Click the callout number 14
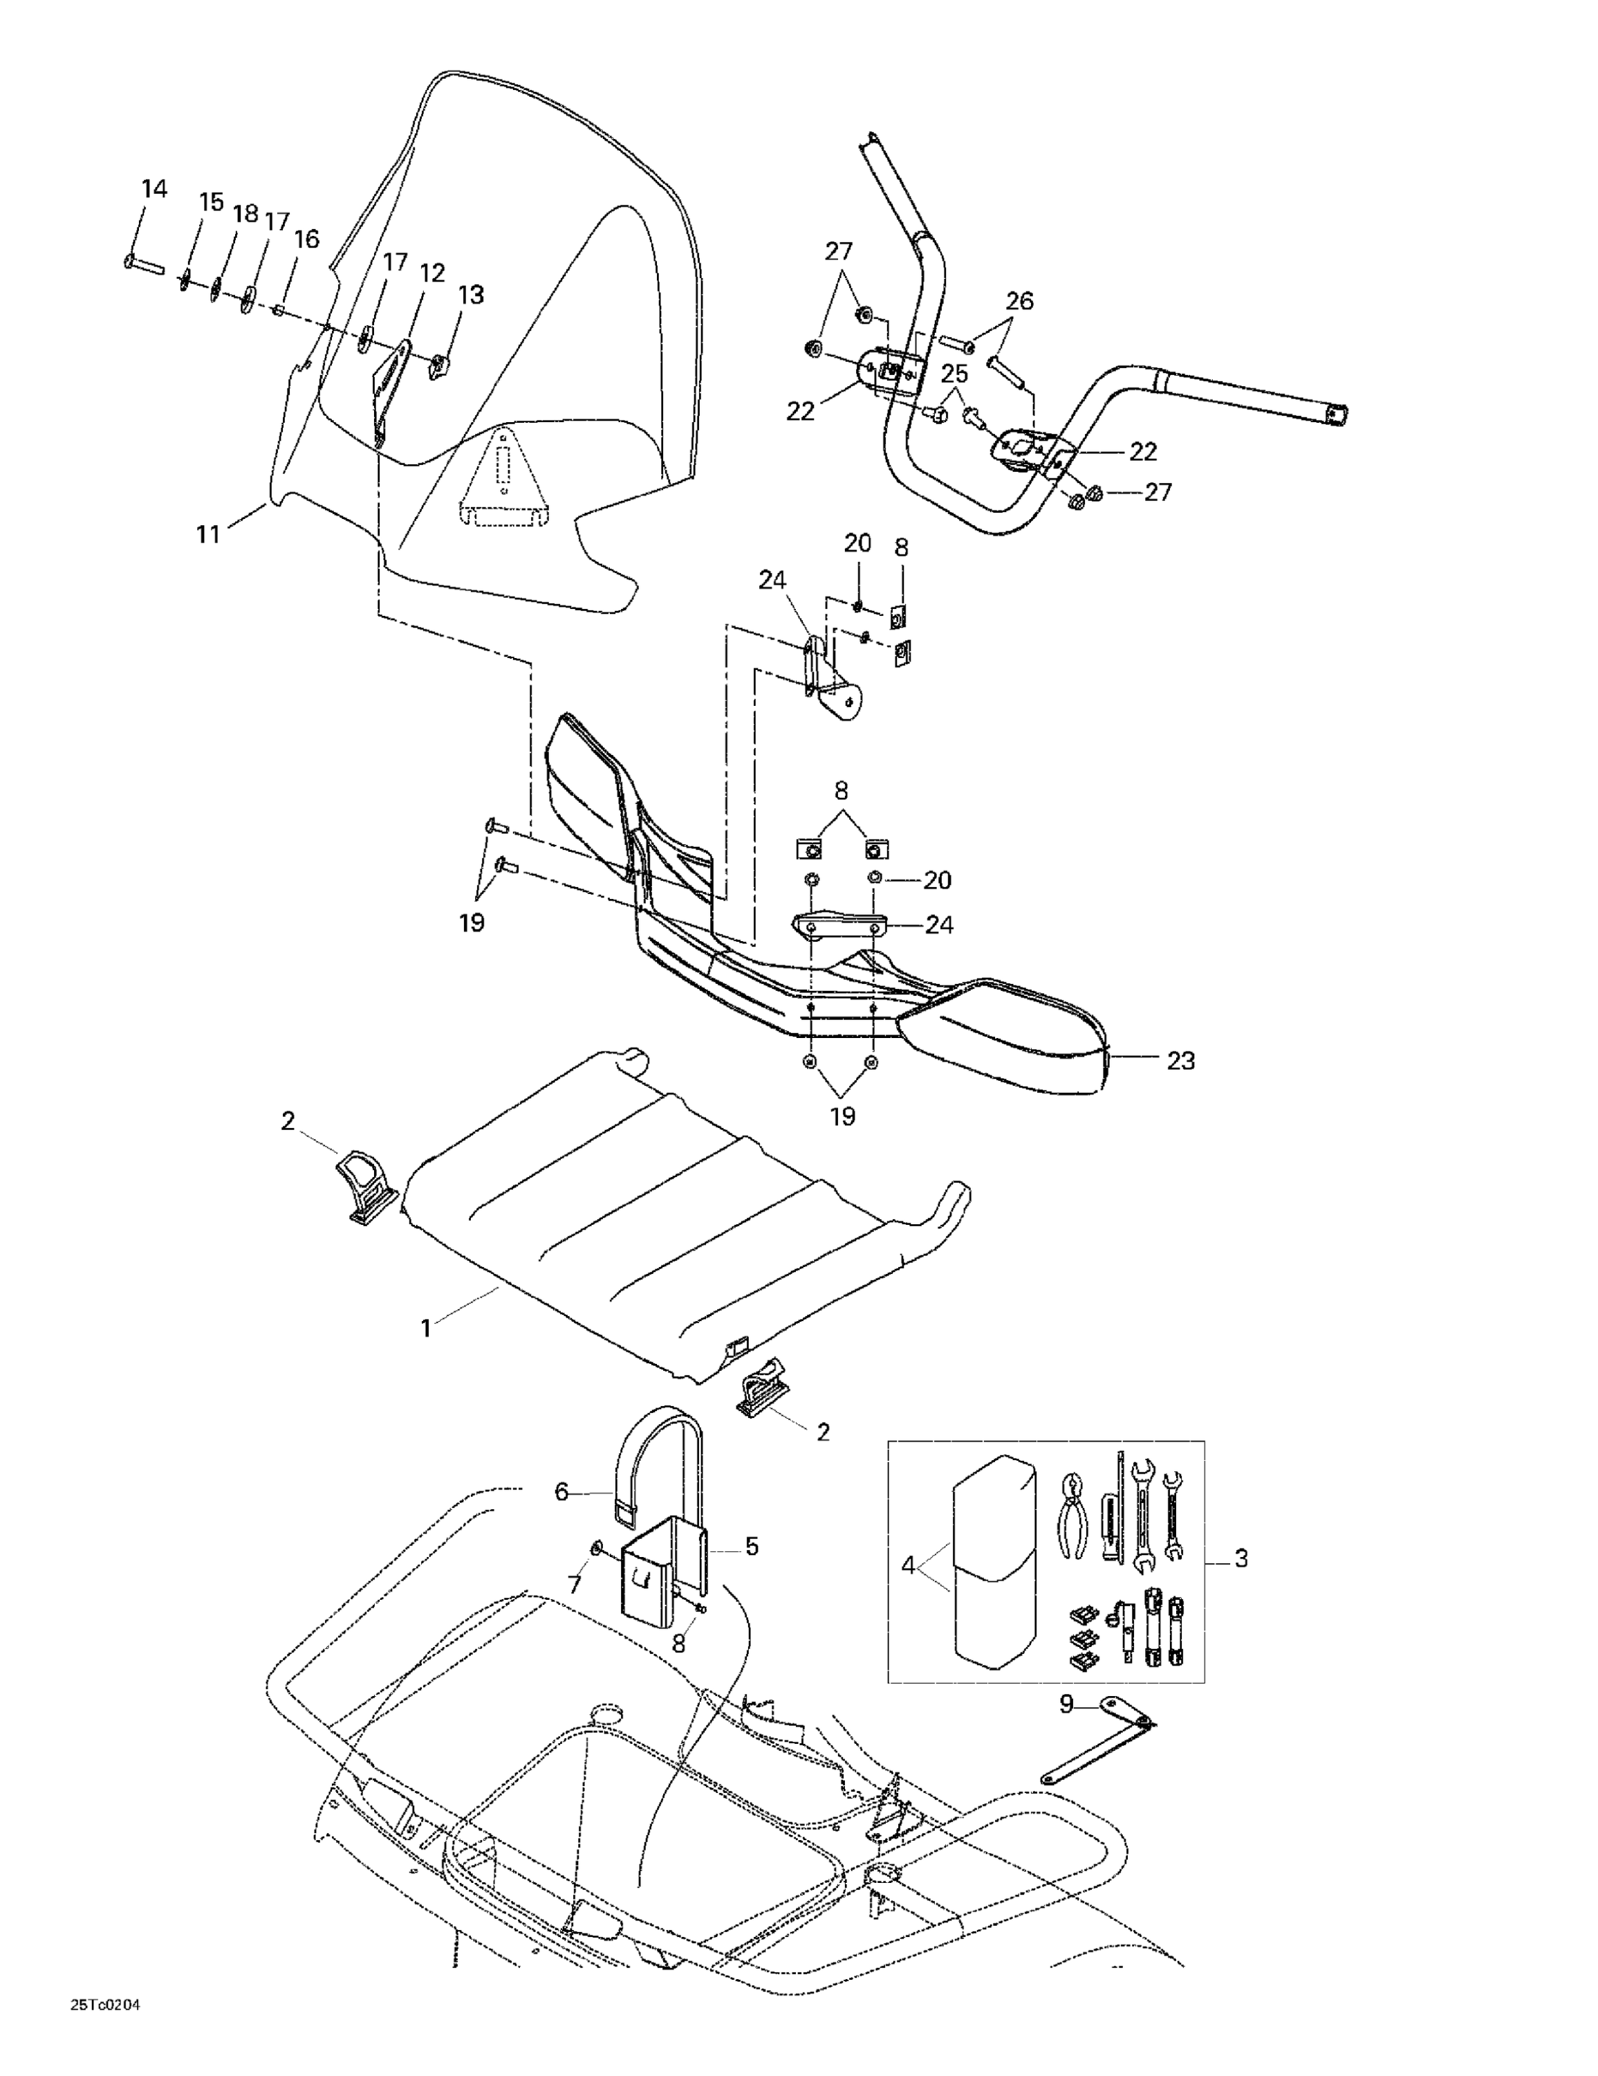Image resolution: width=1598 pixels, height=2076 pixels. (154, 188)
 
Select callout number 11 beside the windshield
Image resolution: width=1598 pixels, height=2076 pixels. (208, 534)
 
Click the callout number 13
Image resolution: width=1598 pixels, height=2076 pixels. (470, 295)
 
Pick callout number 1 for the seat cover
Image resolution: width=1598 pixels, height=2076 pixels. (426, 1328)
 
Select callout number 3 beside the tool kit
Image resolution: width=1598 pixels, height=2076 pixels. (1240, 1558)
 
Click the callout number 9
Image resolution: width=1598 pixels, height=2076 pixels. (1066, 1704)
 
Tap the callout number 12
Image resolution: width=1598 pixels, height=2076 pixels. (432, 274)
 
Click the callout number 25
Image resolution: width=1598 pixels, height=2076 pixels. (954, 374)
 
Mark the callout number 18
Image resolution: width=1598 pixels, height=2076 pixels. (245, 214)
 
